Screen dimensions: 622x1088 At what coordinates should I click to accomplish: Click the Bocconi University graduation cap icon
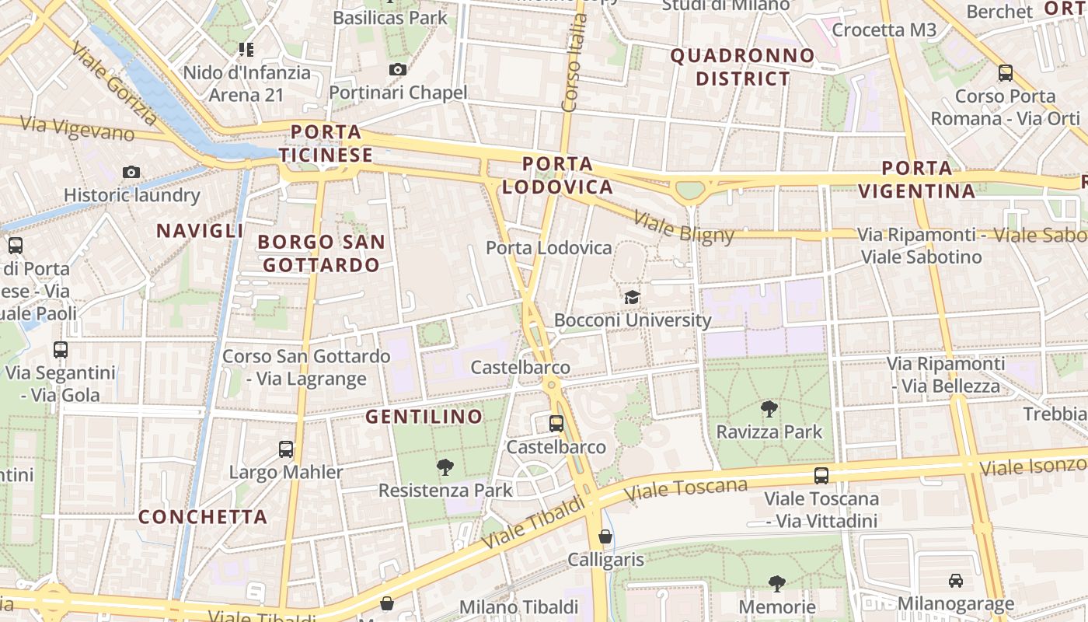[632, 297]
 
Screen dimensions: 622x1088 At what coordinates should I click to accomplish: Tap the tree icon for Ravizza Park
[769, 408]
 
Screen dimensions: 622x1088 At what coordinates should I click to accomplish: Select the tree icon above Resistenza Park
[445, 466]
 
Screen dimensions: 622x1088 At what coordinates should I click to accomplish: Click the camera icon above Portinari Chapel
[398, 70]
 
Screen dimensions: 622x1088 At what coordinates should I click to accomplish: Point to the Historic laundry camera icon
[131, 172]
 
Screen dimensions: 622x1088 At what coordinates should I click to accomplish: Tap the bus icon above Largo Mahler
[286, 449]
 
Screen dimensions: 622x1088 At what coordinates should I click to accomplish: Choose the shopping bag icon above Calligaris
[605, 536]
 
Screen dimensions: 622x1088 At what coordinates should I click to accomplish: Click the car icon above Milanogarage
[956, 581]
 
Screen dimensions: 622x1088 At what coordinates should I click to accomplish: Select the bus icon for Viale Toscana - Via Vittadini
[821, 475]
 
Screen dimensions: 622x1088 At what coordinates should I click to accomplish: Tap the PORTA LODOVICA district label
[557, 176]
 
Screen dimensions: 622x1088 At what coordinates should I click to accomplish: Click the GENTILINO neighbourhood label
[424, 417]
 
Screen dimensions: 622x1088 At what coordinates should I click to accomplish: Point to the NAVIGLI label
[200, 230]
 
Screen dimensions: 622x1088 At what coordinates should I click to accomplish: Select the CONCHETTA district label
[203, 517]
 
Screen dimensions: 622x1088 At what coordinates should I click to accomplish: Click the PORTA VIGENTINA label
[917, 180]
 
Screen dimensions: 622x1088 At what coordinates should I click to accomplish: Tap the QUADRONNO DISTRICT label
[742, 67]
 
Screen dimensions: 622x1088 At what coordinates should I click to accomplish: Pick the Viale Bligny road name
[684, 227]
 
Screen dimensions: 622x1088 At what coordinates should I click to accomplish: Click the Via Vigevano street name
[78, 129]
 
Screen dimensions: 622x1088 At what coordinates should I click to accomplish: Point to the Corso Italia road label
[572, 62]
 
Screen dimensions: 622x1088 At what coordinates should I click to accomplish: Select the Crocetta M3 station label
[884, 30]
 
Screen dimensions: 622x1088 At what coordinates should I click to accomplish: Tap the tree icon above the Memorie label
[776, 583]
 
